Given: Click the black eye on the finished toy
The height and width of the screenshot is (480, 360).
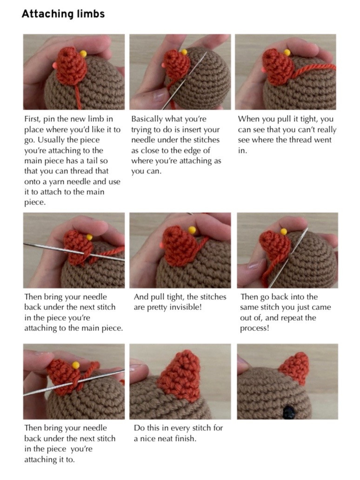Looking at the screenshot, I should click(290, 411).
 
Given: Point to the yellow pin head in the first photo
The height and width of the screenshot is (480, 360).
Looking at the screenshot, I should click(83, 54).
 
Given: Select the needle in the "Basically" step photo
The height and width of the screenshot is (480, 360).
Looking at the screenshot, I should click(186, 79).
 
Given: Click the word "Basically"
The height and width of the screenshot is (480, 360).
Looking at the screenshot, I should click(150, 119).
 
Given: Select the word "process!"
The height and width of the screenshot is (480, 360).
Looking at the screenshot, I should click(255, 328).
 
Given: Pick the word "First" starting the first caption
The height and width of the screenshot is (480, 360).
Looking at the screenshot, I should click(34, 119).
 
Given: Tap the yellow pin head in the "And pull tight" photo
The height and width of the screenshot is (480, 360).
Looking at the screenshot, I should click(192, 230).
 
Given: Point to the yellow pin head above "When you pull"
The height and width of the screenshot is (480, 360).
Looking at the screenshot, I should click(287, 53).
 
